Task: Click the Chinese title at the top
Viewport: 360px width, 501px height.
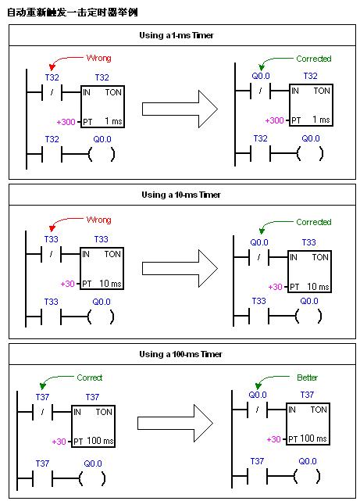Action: (73, 13)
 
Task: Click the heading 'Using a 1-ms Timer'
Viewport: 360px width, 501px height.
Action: (176, 35)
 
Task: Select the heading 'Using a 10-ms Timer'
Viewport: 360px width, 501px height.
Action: (181, 195)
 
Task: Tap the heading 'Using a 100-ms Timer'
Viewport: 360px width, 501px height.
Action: (180, 354)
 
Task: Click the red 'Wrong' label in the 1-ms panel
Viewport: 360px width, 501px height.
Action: (99, 58)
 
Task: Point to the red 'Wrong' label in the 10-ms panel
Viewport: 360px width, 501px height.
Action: (99, 220)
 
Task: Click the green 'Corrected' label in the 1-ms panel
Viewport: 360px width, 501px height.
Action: (314, 59)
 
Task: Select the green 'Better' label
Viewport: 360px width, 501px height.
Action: (308, 378)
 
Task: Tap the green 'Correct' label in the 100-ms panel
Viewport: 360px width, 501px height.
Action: (90, 378)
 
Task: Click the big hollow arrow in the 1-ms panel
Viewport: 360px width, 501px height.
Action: (180, 109)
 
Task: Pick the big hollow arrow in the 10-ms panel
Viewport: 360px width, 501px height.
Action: (180, 268)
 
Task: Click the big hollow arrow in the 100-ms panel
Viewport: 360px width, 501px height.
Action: (175, 424)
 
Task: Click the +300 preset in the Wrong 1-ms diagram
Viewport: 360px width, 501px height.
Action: (66, 122)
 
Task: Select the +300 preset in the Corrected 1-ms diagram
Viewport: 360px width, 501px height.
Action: (274, 120)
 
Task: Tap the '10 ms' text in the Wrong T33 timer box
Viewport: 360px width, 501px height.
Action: (110, 284)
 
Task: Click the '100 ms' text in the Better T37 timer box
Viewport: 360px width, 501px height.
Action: (313, 438)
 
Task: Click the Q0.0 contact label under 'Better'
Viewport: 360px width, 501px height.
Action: (258, 395)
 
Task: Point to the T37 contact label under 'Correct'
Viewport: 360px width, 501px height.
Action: (42, 397)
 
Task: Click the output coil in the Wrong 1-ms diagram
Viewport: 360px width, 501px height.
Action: (102, 155)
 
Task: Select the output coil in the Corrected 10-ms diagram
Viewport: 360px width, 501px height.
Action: (308, 317)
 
